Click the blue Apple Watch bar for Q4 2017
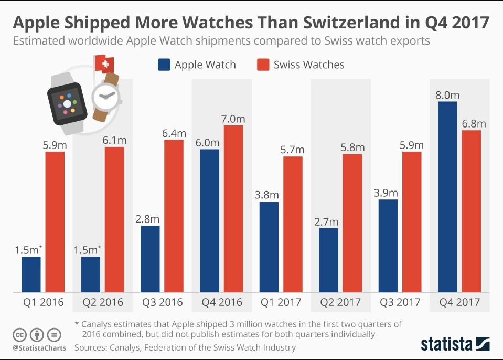447,197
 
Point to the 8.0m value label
447,94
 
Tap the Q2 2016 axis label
103,302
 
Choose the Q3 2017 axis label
400,302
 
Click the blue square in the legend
164,65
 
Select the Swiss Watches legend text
309,65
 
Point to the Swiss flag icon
105,64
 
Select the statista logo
455,344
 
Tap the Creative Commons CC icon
19,334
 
